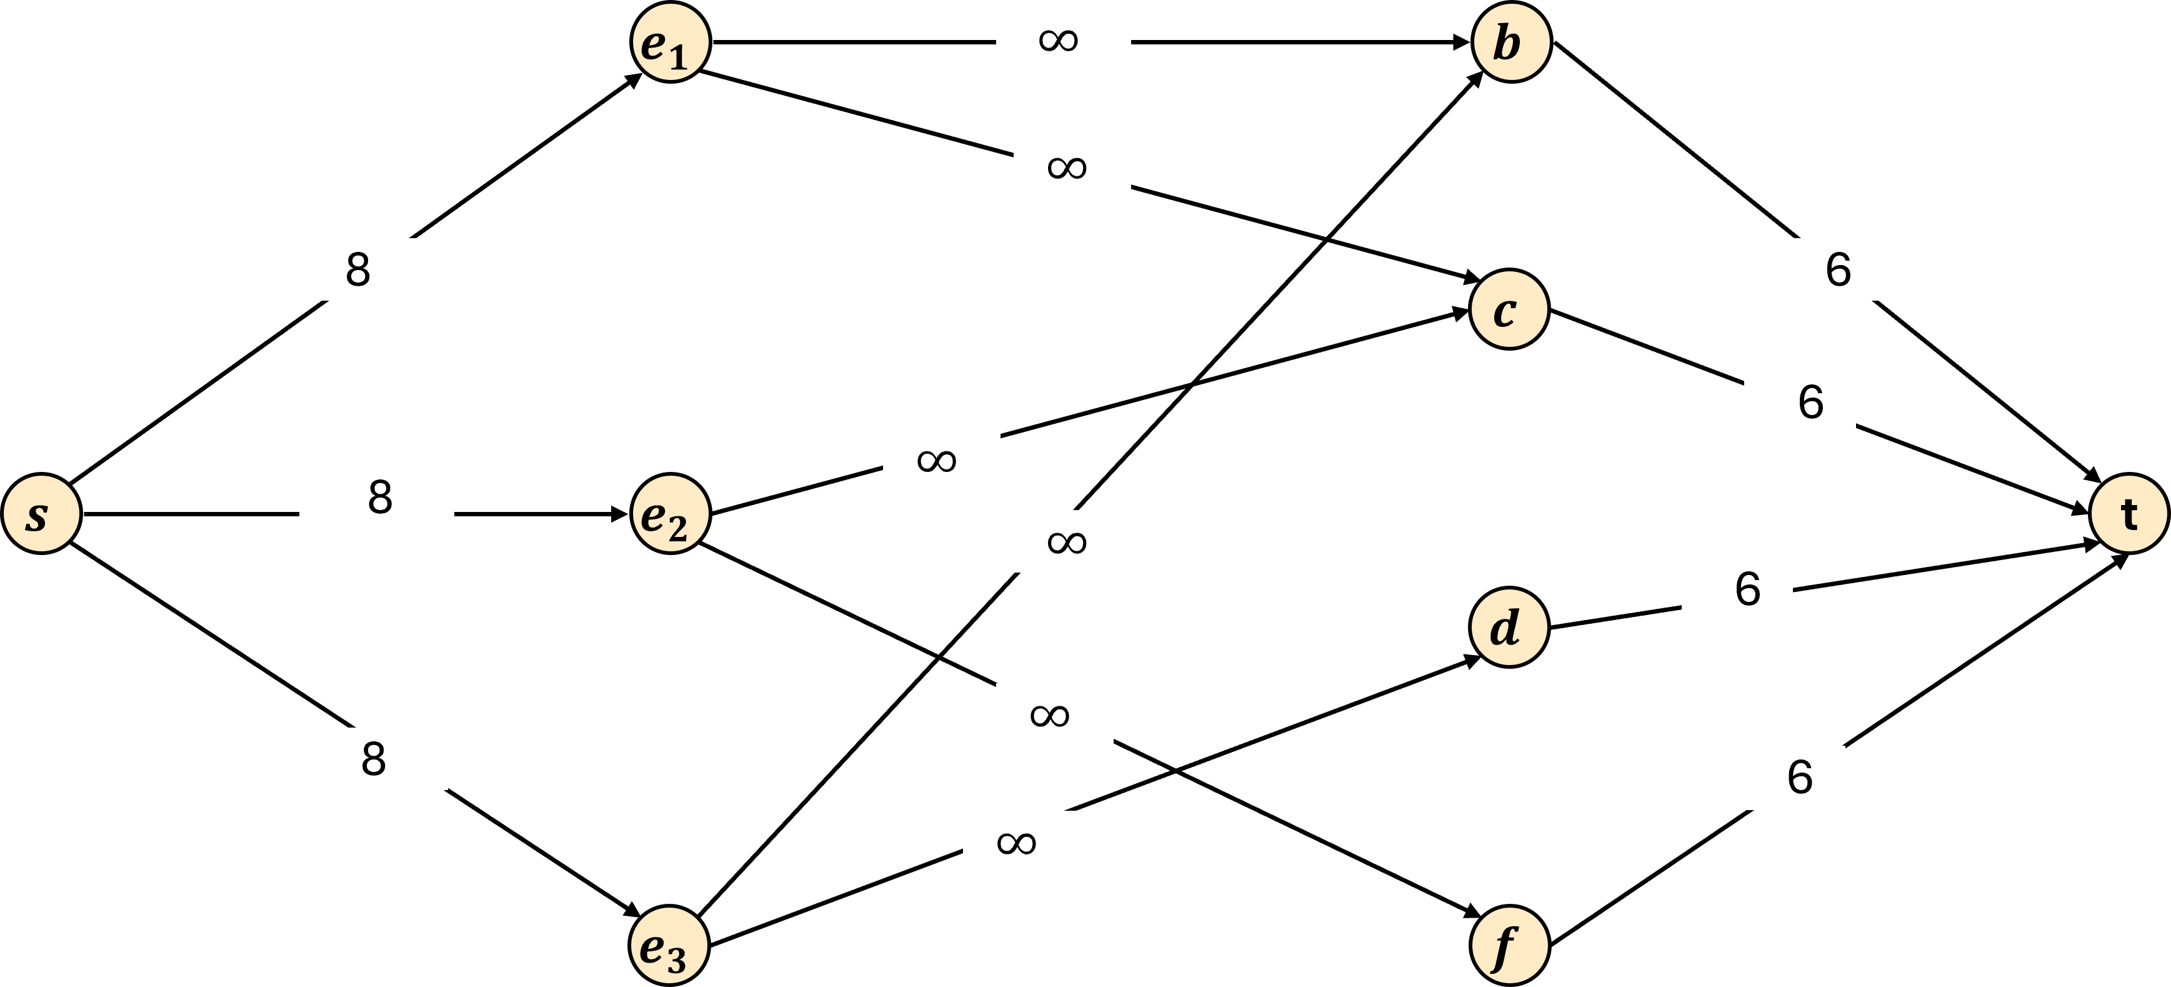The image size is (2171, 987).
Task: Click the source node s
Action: [41, 513]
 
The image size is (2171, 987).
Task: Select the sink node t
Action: [2129, 513]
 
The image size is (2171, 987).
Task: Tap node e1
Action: [670, 42]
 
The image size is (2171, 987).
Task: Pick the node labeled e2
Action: [670, 513]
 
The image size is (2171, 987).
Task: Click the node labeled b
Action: [1511, 42]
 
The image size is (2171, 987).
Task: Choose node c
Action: [1509, 309]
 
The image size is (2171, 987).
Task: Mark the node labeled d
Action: [1509, 627]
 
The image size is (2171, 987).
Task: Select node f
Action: [1509, 945]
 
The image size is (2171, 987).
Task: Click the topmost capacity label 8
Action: [358, 269]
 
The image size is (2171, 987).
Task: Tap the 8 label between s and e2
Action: [377, 498]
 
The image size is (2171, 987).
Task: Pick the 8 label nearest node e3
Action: [371, 759]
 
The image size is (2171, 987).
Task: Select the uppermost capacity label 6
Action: [1827, 269]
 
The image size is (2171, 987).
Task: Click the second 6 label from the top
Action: [1799, 403]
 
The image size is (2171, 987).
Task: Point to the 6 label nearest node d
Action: [1737, 590]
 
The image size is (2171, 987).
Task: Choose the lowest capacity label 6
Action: [1789, 777]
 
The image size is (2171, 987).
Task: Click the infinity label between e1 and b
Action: [1063, 39]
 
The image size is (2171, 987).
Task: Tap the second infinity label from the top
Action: [1071, 166]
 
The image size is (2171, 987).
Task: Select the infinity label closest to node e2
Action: [941, 459]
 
